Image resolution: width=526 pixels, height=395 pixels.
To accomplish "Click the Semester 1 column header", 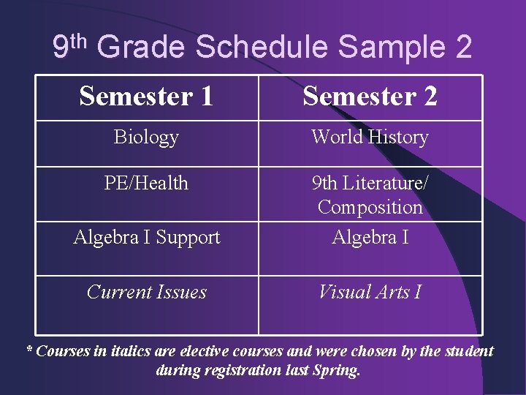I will coord(146,96).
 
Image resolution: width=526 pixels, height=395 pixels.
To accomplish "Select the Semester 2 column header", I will coord(370,96).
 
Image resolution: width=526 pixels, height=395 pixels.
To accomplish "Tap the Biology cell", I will coord(146,137).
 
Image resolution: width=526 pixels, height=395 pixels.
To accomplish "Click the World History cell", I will coord(370,137).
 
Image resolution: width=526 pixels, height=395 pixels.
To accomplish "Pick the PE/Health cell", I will coord(146,182).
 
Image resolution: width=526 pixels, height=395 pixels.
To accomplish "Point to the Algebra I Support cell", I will coord(146,237).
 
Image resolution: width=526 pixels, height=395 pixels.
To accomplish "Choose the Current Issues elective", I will coord(146,292).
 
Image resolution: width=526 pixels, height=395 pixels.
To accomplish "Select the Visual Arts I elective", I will coord(370,292).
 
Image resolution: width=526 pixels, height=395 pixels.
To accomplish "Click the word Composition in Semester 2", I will coord(370,208).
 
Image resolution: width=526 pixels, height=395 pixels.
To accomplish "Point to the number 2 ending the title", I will coord(462,48).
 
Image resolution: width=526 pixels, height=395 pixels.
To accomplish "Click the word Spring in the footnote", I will coord(338,370).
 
